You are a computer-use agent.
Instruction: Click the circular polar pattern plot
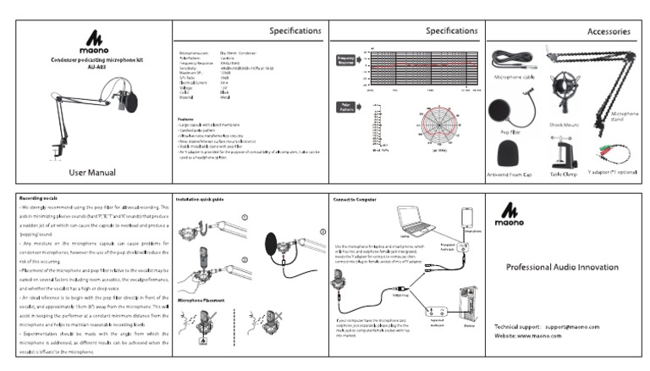tap(440, 125)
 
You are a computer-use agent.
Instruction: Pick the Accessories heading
tap(608, 31)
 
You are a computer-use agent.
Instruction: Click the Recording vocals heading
tap(39, 197)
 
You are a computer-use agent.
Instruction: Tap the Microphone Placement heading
tap(202, 300)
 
